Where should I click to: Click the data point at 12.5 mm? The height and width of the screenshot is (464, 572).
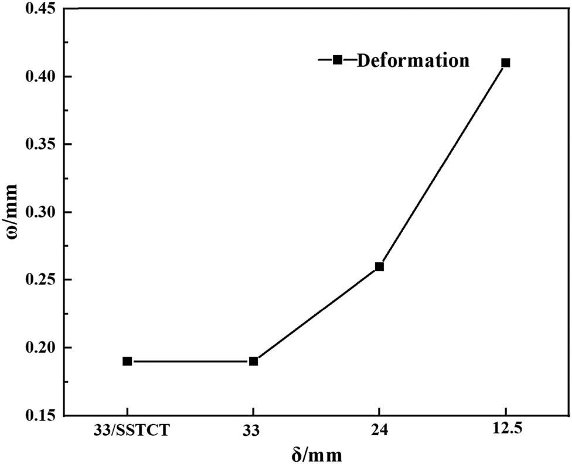[x=506, y=63]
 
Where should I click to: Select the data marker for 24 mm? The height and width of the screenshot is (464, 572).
[x=379, y=266]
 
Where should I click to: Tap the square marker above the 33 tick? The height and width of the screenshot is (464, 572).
[x=253, y=361]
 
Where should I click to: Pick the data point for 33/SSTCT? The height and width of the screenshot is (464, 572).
[x=127, y=361]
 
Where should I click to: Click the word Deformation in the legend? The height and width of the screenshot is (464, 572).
[x=413, y=60]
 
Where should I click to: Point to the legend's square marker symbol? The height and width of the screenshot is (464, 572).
[x=338, y=59]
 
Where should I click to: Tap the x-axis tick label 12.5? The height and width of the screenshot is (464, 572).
[x=505, y=430]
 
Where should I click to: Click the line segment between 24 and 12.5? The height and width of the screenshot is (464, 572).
[x=442, y=165]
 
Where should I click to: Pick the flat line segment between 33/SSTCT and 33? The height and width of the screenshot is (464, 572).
[x=190, y=361]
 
